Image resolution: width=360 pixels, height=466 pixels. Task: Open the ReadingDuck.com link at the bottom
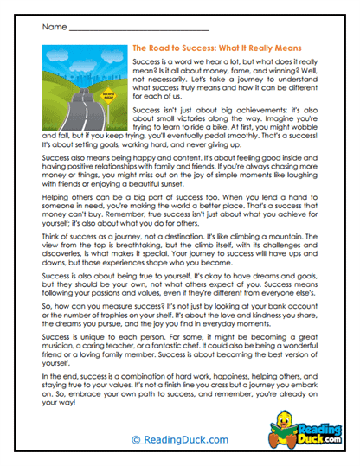(x=180, y=439)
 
